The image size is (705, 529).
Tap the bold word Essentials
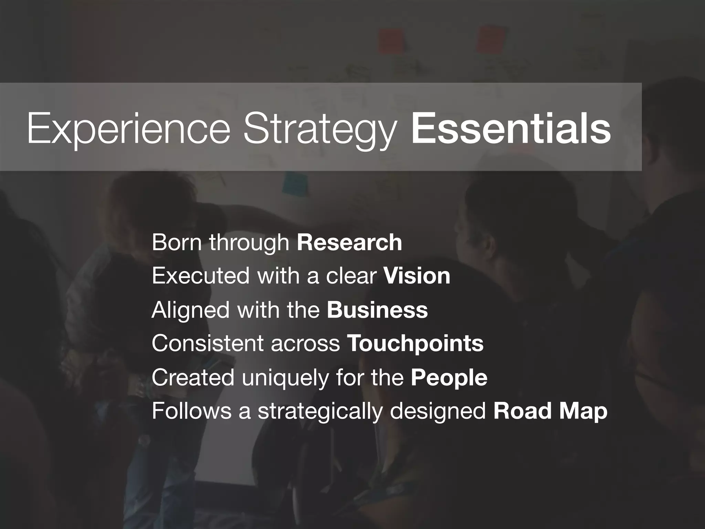(x=511, y=128)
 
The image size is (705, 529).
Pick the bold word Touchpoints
(x=415, y=344)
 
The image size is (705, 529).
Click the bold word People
(x=449, y=378)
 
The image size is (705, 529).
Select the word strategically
(x=320, y=412)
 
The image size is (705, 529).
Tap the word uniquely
(x=285, y=378)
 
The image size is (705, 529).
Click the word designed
(x=438, y=412)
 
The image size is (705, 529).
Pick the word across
(x=305, y=344)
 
